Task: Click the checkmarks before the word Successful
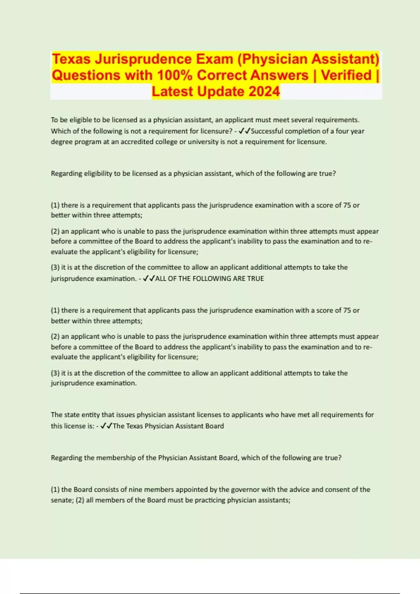pyautogui.click(x=244, y=131)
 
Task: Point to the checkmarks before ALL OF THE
pyautogui.click(x=149, y=278)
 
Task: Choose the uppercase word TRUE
pyautogui.click(x=255, y=279)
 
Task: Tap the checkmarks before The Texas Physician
pyautogui.click(x=106, y=426)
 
